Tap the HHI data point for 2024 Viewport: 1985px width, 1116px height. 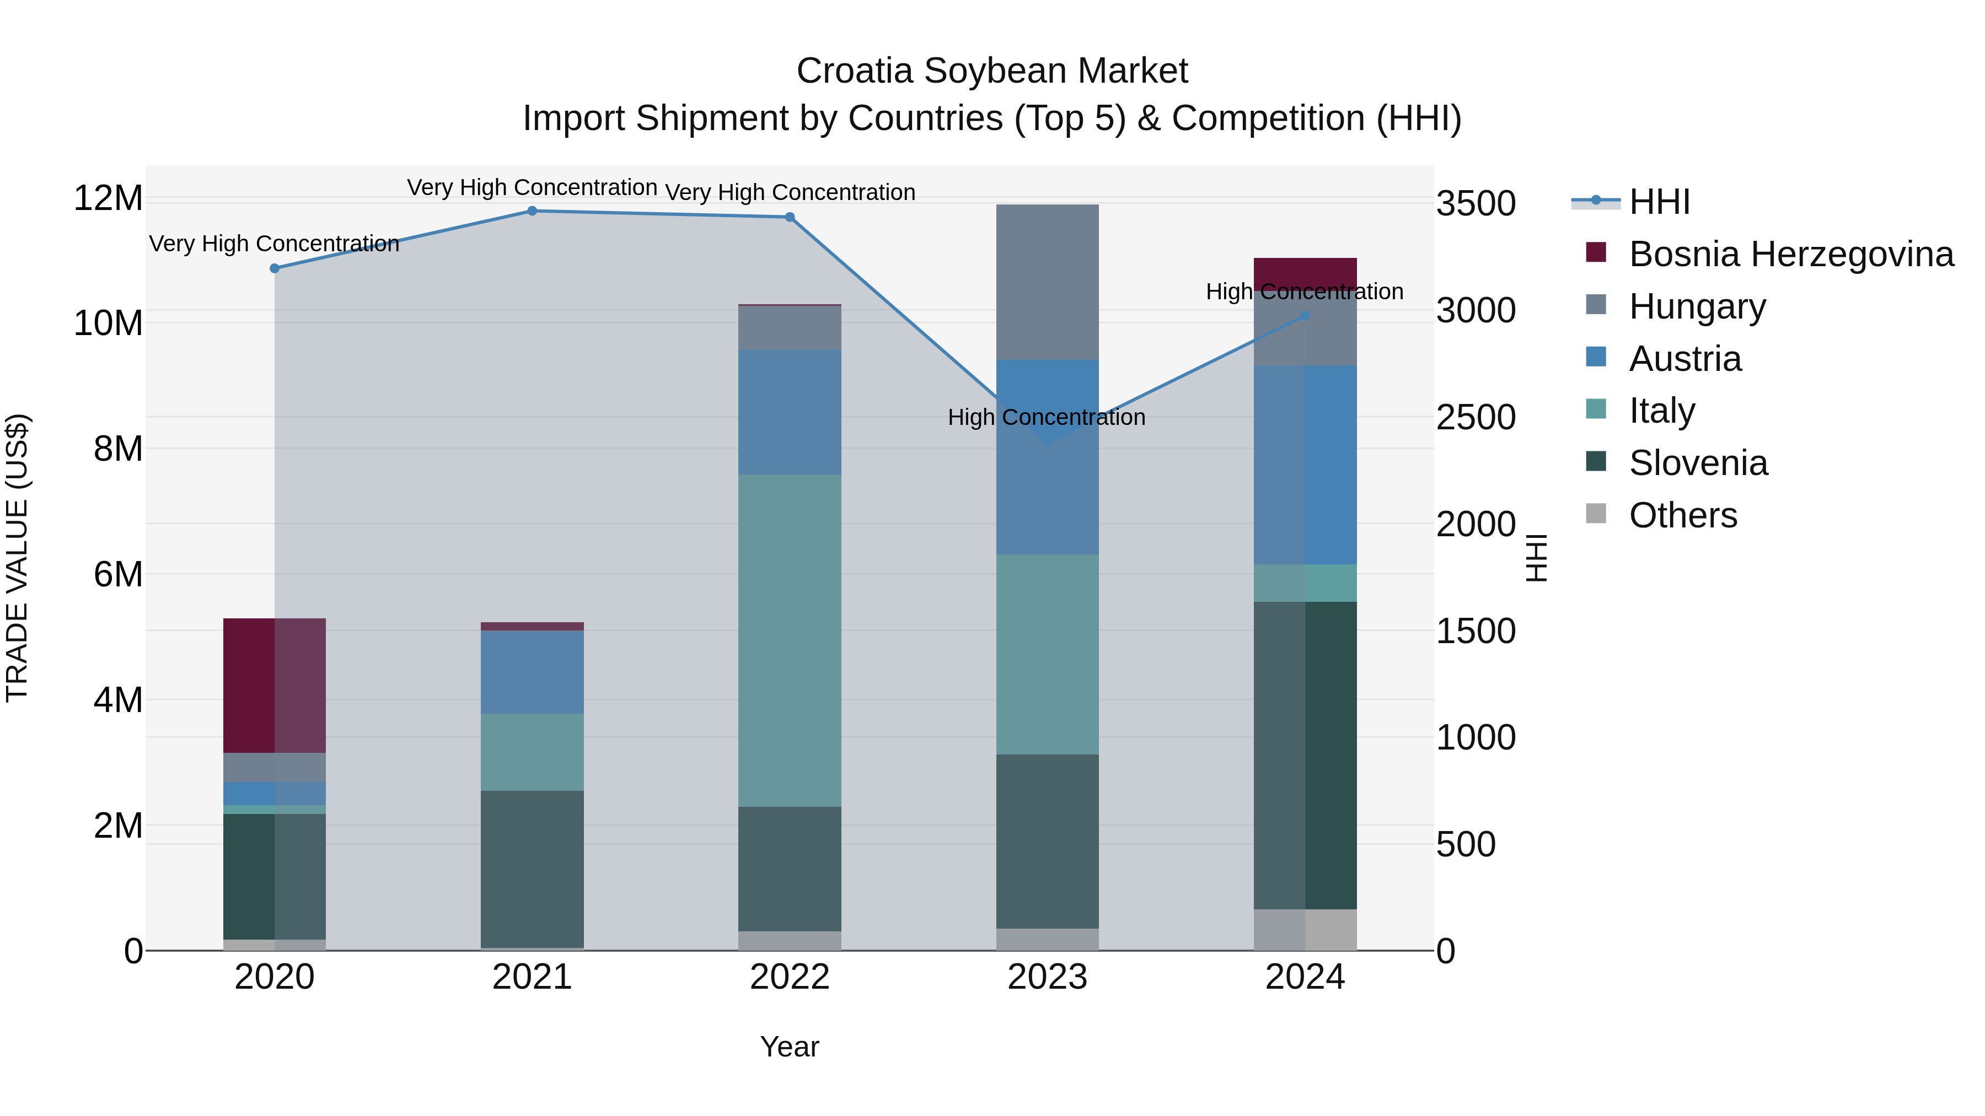[x=1305, y=316]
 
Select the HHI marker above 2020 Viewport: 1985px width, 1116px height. [x=275, y=268]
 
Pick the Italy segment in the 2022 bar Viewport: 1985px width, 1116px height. [x=789, y=640]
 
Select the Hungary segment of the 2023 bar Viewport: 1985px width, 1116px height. [x=1047, y=282]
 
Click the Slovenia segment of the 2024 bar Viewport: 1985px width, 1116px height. [x=1305, y=755]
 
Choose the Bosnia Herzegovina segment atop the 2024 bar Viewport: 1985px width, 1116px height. [x=1305, y=273]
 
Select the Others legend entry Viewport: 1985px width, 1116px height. [x=1683, y=515]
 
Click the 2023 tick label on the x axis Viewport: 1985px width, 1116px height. [x=1047, y=977]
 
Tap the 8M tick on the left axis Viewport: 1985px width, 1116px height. [x=118, y=448]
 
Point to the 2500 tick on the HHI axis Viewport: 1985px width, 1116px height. [x=1476, y=417]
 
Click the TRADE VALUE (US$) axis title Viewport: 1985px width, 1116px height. [x=17, y=558]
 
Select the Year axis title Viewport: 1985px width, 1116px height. [x=789, y=1047]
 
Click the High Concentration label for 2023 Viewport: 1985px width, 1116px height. [x=1047, y=417]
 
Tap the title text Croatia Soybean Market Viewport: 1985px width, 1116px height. [x=992, y=71]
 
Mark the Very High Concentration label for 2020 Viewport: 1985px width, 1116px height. [x=275, y=244]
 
